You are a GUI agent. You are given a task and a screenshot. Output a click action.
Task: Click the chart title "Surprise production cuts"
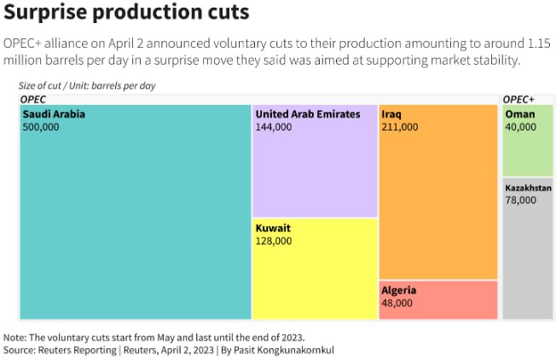pos(127,14)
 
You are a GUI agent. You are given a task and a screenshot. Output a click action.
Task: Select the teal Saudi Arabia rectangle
pos(135,222)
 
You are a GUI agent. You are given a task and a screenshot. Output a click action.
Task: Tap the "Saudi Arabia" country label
pos(54,113)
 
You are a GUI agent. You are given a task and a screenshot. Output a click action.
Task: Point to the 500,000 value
pos(41,126)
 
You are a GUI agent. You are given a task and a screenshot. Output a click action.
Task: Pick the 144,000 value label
pos(273,126)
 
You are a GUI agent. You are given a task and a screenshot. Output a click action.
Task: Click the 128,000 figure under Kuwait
pos(273,241)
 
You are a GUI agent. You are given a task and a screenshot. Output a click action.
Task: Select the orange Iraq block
pos(437,205)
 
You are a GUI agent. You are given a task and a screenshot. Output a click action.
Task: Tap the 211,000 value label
pos(400,126)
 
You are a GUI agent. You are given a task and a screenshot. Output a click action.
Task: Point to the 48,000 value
pos(397,303)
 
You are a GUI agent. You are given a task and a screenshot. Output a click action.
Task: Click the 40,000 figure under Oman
pos(521,126)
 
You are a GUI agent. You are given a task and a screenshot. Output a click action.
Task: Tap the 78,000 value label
pos(521,200)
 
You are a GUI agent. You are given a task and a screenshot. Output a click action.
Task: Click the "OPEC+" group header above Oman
pos(518,99)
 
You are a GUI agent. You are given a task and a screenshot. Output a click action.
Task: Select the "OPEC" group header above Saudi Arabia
pos(32,99)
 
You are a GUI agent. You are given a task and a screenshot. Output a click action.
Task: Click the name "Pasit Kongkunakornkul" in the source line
pos(287,350)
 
